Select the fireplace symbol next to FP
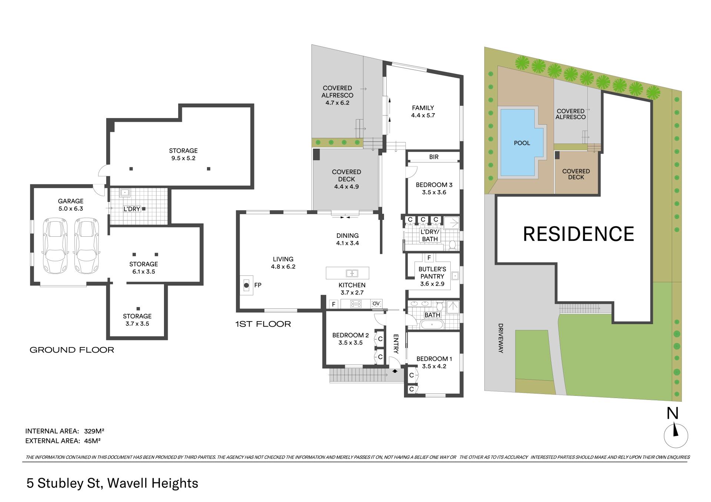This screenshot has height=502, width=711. [x=247, y=285]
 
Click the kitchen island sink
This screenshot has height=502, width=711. [x=352, y=273]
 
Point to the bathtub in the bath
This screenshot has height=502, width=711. [x=432, y=324]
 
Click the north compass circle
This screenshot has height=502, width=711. [x=676, y=436]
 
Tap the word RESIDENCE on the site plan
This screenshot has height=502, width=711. [x=578, y=234]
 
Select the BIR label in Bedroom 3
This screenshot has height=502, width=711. [x=434, y=157]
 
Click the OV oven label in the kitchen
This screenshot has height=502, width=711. [x=376, y=304]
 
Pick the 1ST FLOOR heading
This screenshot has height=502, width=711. [x=263, y=324]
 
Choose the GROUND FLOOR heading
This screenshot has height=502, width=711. [x=72, y=350]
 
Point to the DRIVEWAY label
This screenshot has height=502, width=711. [x=501, y=338]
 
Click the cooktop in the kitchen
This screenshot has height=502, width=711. [x=356, y=304]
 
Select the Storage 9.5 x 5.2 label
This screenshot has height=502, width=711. [x=183, y=154]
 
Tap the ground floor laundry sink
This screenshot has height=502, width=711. [x=125, y=193]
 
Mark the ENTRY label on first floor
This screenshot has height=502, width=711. [x=395, y=344]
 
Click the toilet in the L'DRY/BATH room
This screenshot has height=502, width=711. [x=452, y=245]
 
